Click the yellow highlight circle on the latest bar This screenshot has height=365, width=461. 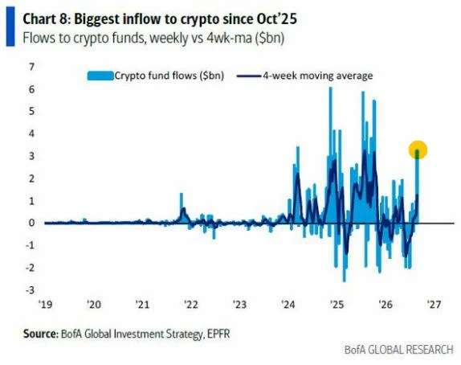418,150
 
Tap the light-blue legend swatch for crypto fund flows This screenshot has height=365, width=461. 100,76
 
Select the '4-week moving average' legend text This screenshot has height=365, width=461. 318,76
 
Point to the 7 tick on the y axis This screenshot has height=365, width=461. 32,67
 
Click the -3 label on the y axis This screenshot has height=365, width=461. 30,290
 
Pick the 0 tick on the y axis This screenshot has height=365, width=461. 32,223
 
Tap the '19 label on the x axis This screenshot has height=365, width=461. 46,304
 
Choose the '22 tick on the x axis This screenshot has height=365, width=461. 191,304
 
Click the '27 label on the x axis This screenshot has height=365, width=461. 434,304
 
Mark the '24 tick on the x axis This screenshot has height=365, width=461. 288,304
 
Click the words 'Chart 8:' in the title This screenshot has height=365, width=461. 47,19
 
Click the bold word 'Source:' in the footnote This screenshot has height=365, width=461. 41,334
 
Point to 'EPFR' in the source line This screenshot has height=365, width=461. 218,334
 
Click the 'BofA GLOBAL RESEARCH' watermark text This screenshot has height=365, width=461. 398,350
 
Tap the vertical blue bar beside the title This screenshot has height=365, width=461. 10,27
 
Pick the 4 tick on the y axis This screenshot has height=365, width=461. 32,133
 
